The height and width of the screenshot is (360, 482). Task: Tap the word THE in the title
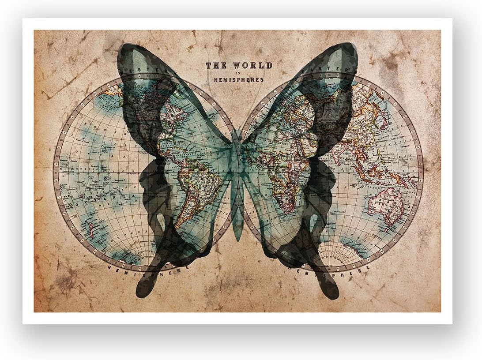(x=216, y=65)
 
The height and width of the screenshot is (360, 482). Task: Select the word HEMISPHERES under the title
(x=239, y=80)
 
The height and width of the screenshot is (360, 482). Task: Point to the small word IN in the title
(x=239, y=73)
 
